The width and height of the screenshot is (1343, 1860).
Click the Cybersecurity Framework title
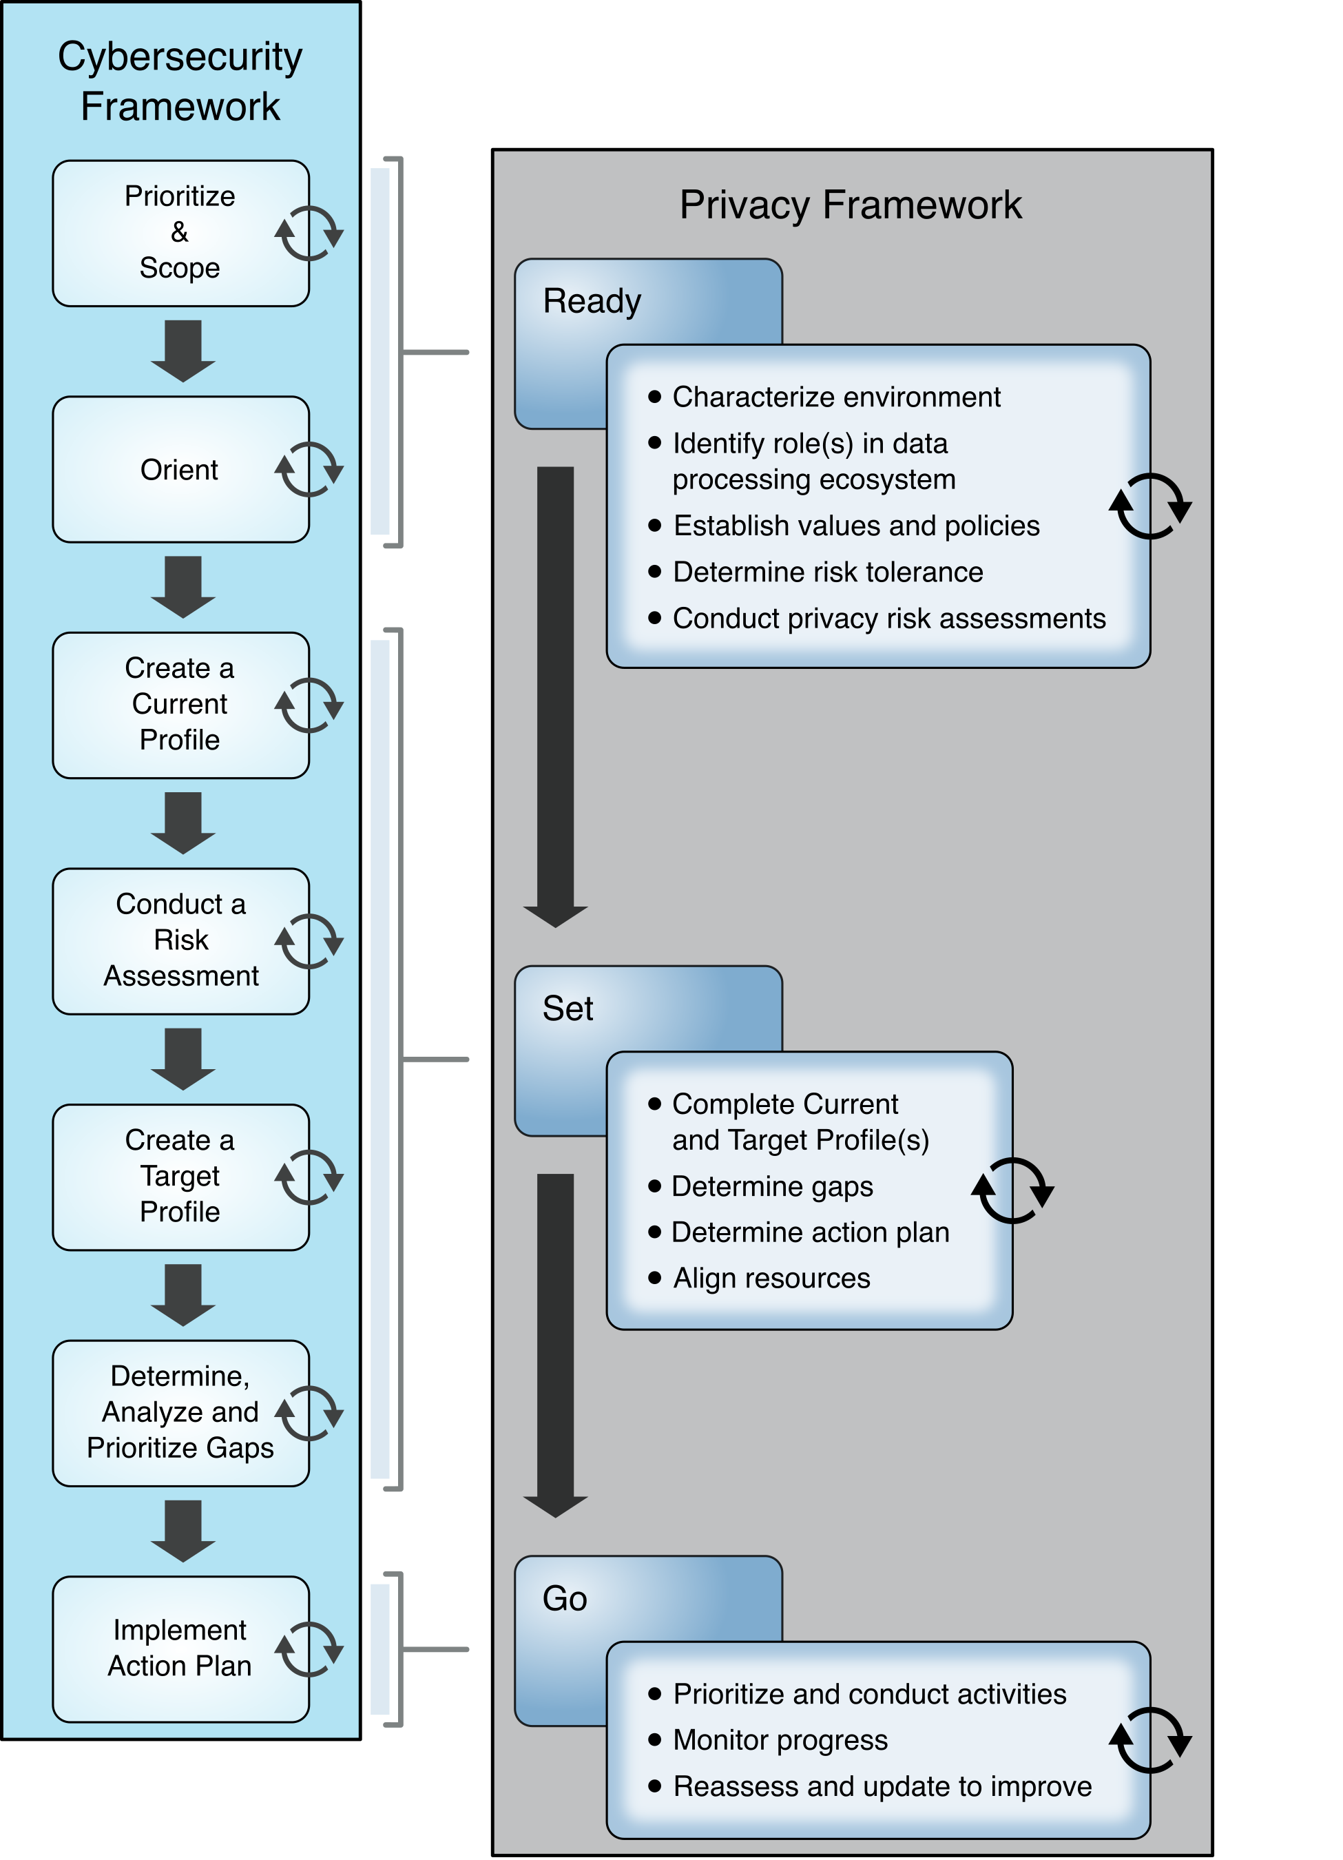point(180,81)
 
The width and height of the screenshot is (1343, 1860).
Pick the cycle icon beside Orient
point(309,470)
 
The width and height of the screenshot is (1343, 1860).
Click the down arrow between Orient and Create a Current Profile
point(183,587)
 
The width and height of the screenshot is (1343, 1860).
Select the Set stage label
point(568,1009)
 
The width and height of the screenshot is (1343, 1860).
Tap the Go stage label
point(565,1598)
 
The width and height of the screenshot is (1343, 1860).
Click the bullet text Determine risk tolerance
point(827,572)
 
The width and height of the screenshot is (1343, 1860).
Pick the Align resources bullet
point(771,1278)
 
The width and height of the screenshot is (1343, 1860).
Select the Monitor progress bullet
point(780,1739)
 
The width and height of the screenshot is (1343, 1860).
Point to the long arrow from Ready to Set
point(555,697)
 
